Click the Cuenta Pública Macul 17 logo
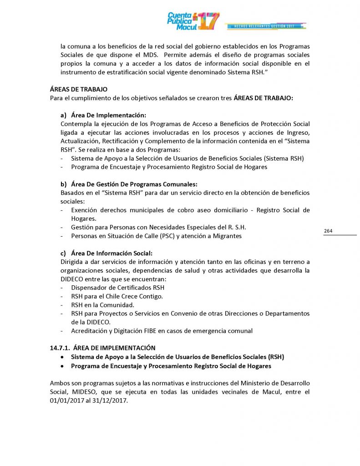pos(193,21)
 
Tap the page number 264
pos(328,231)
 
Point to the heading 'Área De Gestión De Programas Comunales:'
pos(134,184)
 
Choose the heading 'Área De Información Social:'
pos(112,253)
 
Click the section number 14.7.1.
pos(60,348)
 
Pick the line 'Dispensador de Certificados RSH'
pos(117,288)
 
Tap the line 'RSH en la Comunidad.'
pos(102,305)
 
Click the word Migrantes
pos(225,236)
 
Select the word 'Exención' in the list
pos(83,210)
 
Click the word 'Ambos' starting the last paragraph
pos(59,384)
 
